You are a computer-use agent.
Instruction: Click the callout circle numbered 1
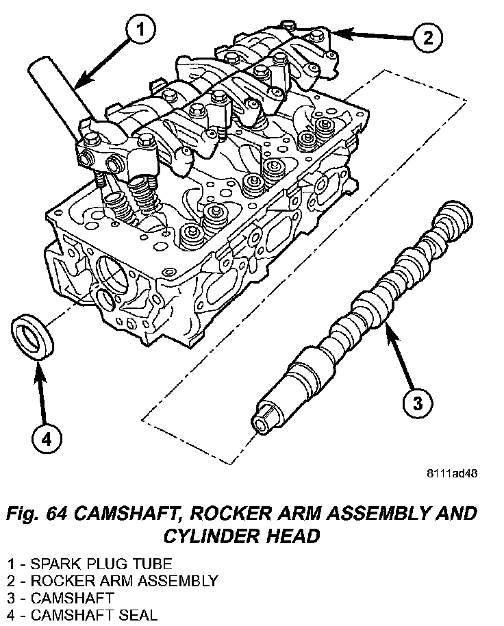140,29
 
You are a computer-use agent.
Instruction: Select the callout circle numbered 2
427,38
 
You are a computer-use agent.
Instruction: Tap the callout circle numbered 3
416,403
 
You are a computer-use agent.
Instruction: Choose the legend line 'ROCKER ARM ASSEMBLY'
113,581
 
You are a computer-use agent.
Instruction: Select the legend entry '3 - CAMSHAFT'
61,598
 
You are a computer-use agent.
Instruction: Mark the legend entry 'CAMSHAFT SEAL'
83,614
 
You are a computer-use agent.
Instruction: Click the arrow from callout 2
370,34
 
